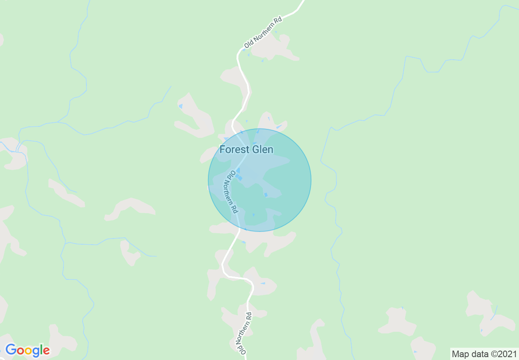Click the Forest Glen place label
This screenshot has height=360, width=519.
pos(246,149)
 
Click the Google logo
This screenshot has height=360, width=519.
pos(27,351)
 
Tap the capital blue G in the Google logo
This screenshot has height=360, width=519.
pos(11,350)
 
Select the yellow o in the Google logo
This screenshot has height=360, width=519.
pos(29,351)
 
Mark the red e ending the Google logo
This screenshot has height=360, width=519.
pos(46,351)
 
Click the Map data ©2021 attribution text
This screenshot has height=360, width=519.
pos(484,354)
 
